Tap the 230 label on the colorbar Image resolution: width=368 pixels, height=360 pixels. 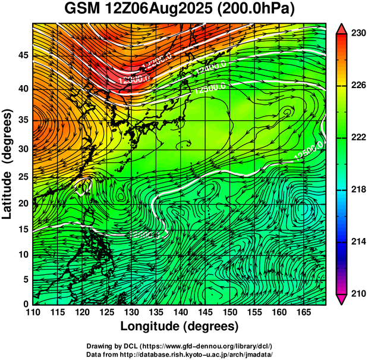point(357,33)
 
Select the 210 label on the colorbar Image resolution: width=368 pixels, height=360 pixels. point(357,293)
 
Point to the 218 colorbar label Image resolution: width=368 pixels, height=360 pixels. point(357,189)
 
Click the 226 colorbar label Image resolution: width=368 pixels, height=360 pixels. point(357,85)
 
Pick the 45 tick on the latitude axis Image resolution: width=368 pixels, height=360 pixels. point(20,55)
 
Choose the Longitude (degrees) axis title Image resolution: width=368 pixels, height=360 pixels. point(180,327)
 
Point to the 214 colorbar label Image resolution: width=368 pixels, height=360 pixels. point(357,242)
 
